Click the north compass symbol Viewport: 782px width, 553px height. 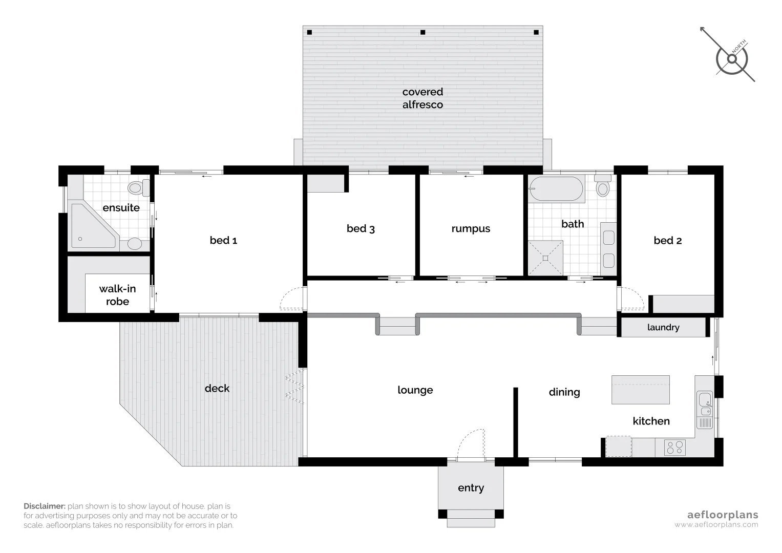click(732, 59)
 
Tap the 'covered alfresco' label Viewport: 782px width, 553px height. click(422, 98)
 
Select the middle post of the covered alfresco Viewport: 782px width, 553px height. click(422, 32)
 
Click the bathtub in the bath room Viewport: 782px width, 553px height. click(556, 189)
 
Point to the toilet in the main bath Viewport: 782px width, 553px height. click(603, 187)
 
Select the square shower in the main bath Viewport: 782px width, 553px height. click(545, 258)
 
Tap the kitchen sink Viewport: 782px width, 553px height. click(705, 403)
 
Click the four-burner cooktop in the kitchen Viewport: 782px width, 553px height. click(674, 448)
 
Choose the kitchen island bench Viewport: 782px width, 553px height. click(641, 389)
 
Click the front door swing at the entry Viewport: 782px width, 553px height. click(471, 444)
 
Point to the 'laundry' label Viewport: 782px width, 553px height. click(663, 328)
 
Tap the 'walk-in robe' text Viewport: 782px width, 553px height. click(117, 295)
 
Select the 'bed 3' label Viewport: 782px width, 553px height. click(361, 228)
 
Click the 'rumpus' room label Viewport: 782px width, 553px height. click(471, 228)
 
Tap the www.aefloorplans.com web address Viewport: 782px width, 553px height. click(716, 524)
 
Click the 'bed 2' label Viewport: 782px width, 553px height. click(667, 241)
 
